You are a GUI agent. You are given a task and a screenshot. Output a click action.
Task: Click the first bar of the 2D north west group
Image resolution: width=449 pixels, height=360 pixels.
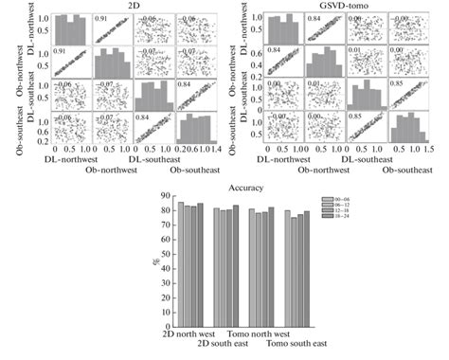click(x=180, y=266)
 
